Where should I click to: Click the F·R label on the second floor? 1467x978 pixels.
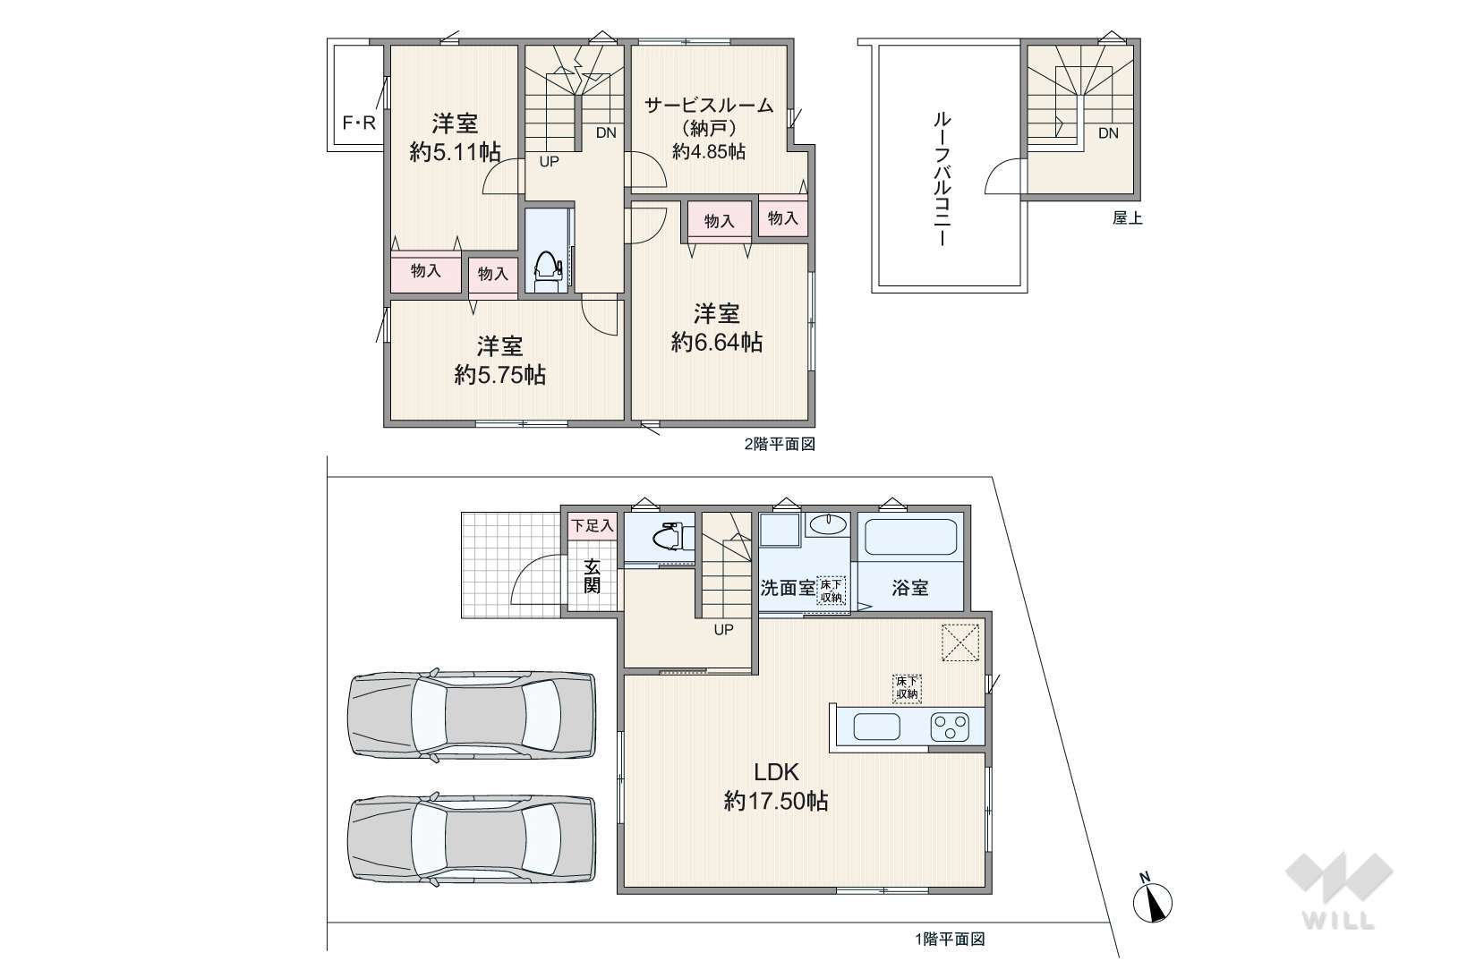[x=360, y=123]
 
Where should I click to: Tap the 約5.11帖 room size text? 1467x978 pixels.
[x=456, y=152]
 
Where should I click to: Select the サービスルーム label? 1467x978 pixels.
[x=709, y=105]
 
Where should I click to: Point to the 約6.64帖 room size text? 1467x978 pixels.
[x=716, y=343]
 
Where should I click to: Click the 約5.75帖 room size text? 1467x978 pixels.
[x=499, y=375]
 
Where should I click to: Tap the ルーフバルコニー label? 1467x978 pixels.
[x=942, y=179]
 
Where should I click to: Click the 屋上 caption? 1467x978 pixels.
[x=1127, y=218]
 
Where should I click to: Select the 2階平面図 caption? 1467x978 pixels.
[x=780, y=445]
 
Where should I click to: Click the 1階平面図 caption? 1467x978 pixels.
[x=950, y=940]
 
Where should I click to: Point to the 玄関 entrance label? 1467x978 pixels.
[x=592, y=575]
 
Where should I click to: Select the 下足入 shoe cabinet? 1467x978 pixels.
[x=592, y=525]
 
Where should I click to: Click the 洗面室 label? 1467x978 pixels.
[x=788, y=588]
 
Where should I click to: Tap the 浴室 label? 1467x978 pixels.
[x=910, y=588]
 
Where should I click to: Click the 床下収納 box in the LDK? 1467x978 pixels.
[x=907, y=689]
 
